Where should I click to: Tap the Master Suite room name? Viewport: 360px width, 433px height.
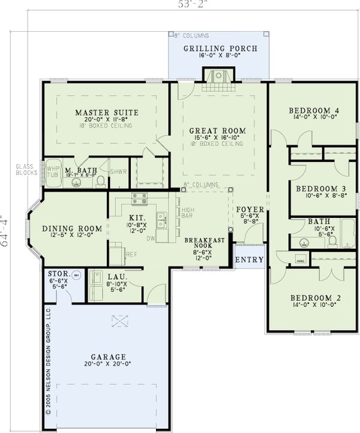point(107,112)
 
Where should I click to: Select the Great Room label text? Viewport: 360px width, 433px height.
point(217,130)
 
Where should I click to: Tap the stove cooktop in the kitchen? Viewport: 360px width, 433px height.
point(139,198)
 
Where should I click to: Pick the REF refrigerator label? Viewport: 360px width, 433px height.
point(131,255)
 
